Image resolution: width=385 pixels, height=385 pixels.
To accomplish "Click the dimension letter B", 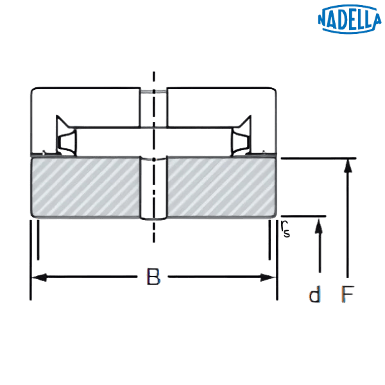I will click(x=153, y=278).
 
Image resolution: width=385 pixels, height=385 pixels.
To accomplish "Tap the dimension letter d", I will click(x=314, y=296).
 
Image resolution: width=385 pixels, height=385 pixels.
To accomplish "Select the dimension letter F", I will click(x=347, y=296).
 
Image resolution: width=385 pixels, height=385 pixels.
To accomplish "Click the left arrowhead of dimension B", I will click(x=38, y=278).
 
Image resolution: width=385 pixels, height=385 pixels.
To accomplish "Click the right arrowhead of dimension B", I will click(x=269, y=278).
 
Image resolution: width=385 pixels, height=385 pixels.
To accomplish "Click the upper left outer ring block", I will click(x=86, y=106).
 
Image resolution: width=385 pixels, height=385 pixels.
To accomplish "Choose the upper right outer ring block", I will click(x=221, y=106).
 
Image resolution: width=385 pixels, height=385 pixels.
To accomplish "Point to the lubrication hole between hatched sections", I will click(x=153, y=189).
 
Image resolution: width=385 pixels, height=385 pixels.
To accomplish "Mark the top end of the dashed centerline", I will click(x=153, y=72).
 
